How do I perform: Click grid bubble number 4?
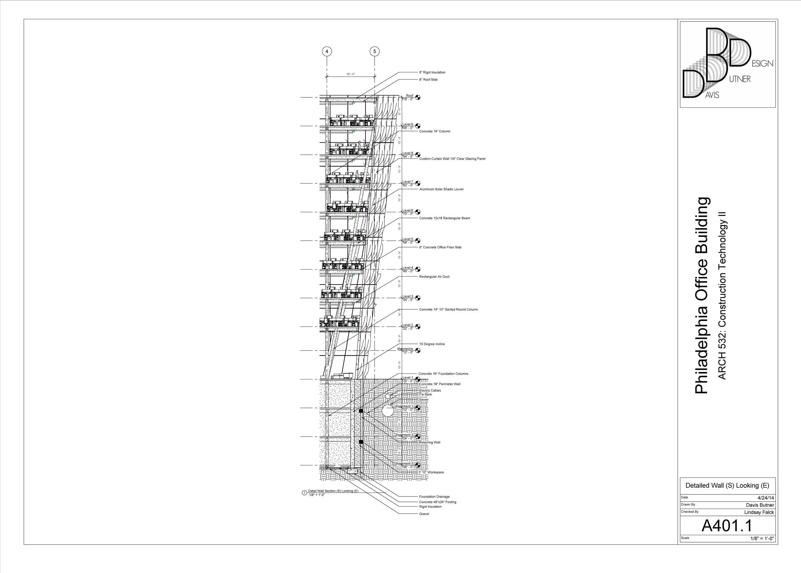pyautogui.click(x=327, y=52)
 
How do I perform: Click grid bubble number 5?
pyautogui.click(x=375, y=52)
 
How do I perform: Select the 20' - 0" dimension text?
pyautogui.click(x=351, y=74)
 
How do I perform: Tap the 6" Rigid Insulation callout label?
pyautogui.click(x=432, y=72)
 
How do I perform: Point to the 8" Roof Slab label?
pyautogui.click(x=428, y=80)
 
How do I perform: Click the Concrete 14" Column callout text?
pyautogui.click(x=434, y=131)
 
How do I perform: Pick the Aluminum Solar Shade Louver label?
pyautogui.click(x=441, y=189)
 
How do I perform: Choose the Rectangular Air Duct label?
pyautogui.click(x=434, y=277)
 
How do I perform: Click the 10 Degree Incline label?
pyautogui.click(x=432, y=344)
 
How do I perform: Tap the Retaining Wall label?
pyautogui.click(x=430, y=443)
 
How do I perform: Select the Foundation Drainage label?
pyautogui.click(x=434, y=497)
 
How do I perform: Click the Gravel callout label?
pyautogui.click(x=424, y=514)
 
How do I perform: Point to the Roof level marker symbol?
pyautogui.click(x=418, y=97)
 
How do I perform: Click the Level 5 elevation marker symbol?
pyautogui.click(x=418, y=241)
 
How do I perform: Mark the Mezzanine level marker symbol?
pyautogui.click(x=418, y=350)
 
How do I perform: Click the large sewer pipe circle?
pyautogui.click(x=387, y=411)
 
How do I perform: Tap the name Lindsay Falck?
pyautogui.click(x=759, y=512)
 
